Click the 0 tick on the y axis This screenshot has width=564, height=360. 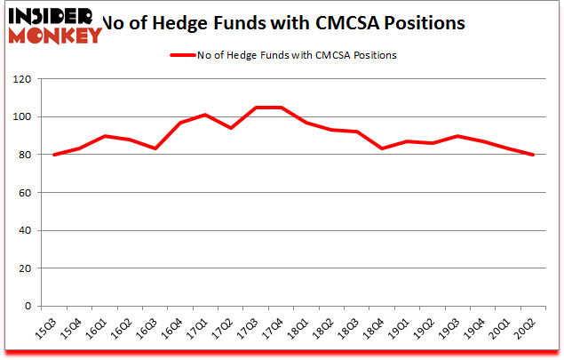coord(27,306)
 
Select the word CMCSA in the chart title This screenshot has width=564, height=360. coord(325,22)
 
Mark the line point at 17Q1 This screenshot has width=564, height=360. coord(205,115)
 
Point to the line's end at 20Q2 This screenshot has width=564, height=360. coord(534,155)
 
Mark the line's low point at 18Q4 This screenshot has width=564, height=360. coord(382,148)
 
